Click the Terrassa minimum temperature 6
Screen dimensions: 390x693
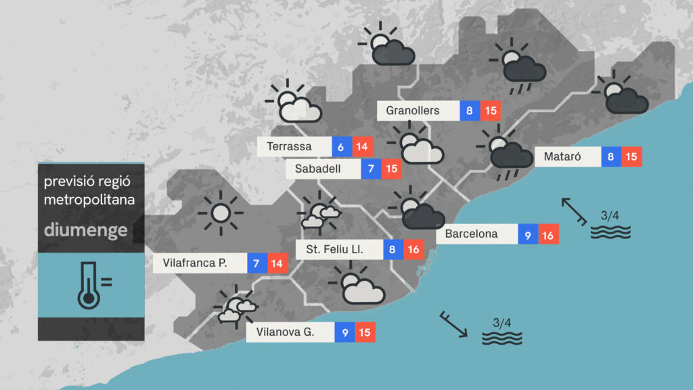pos(341,146)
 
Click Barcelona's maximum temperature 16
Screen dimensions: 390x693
pos(548,234)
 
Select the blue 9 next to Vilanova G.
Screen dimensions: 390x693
pos(344,332)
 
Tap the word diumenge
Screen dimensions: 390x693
pos(85,230)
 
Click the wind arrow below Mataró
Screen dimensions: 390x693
pos(574,210)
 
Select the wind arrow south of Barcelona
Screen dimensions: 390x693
pos(453,324)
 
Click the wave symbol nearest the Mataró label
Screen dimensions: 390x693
pos(610,232)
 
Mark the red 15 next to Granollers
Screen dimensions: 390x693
pos(491,110)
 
